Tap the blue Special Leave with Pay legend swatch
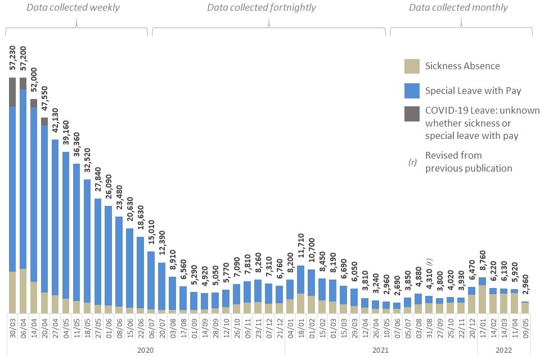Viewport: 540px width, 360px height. [412, 91]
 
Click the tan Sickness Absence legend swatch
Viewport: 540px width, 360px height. [412, 66]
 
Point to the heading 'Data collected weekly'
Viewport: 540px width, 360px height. [77, 8]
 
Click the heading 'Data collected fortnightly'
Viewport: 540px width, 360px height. [261, 8]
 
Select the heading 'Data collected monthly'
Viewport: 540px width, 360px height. [458, 8]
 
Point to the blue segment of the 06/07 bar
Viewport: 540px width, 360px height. [151, 280]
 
